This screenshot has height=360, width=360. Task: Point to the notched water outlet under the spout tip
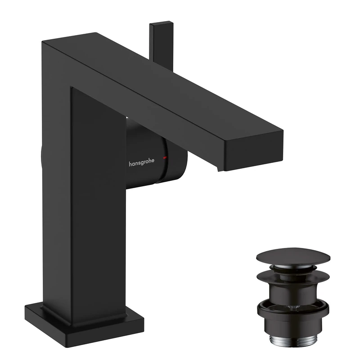tap(220, 167)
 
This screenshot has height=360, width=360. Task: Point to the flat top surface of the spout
tap(171, 85)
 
